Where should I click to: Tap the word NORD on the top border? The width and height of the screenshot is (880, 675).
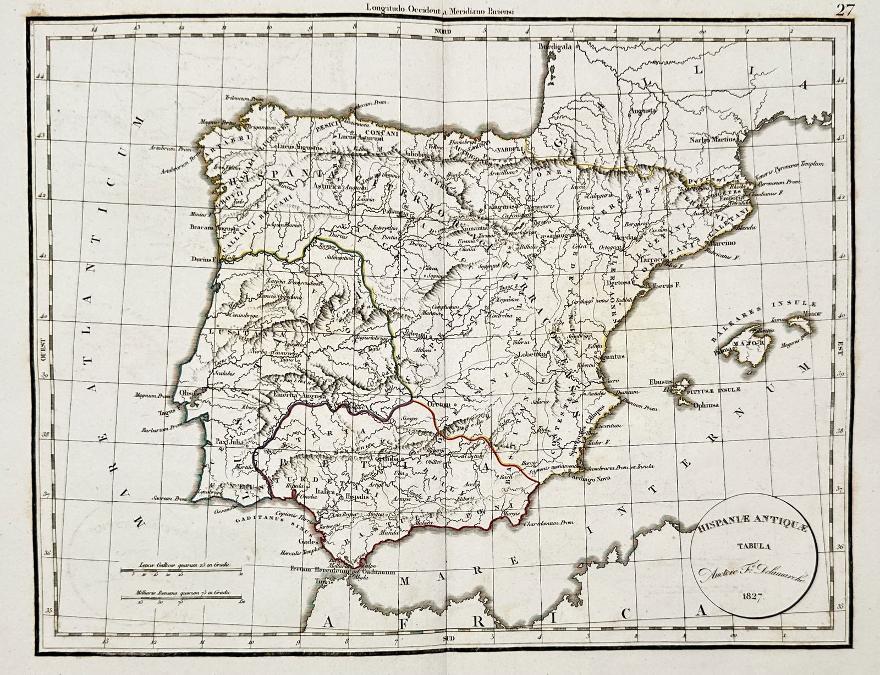pyautogui.click(x=442, y=31)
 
